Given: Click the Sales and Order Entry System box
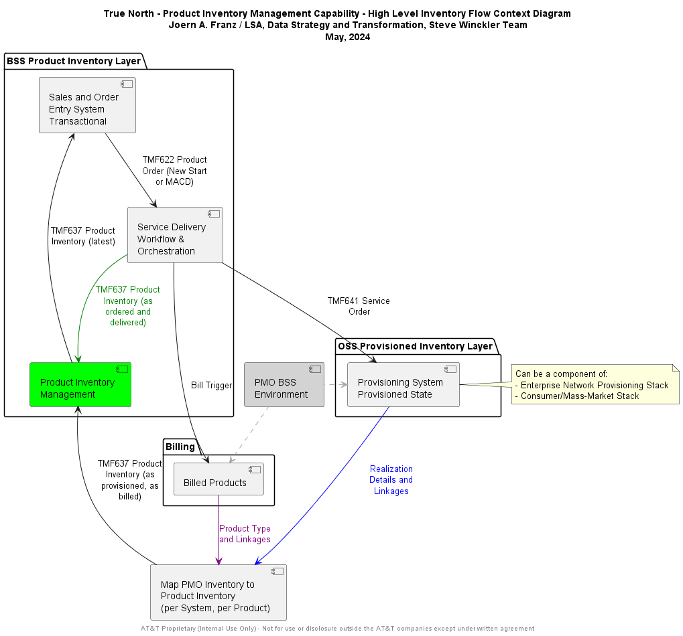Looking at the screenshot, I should coord(87,105).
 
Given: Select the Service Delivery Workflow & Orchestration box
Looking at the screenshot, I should coord(175,235).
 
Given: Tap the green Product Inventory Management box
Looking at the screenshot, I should coord(80,385).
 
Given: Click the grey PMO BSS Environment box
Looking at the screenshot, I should coord(284,385).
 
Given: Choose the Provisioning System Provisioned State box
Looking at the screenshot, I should coord(403,385).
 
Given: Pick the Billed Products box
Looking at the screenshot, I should coord(219,479).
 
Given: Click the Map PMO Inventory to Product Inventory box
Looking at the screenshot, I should coord(219,592).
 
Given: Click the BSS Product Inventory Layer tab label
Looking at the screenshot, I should coord(74,61).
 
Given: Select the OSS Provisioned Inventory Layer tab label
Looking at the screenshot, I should coord(415,346).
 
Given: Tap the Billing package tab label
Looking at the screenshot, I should coord(180,447).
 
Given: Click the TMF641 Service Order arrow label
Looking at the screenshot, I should coord(359,306).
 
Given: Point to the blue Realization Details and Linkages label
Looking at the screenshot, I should coord(391,480).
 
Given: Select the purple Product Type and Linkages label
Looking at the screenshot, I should coord(245,534).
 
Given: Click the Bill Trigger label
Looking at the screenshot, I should coord(211,385).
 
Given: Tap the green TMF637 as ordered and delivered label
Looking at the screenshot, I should coord(127,306).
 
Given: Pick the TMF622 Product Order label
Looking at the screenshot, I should coord(174,171).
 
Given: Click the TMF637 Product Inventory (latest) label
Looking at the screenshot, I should coord(83,236).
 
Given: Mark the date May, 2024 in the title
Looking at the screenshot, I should coord(347,37).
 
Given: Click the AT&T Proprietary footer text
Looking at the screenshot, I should coord(337,629).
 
